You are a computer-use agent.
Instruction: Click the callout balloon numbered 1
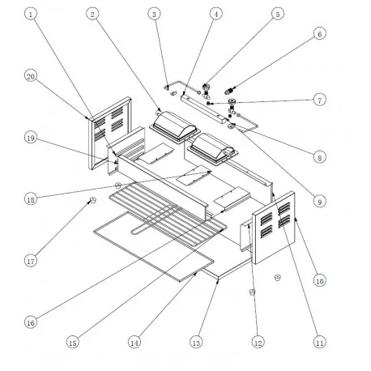tap(31, 14)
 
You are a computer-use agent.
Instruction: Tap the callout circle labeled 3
tap(154, 14)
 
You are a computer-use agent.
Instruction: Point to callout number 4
tap(215, 14)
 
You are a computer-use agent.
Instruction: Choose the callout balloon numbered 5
tap(277, 14)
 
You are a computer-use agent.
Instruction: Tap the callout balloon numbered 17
tap(31, 261)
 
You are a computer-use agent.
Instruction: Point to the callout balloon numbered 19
tap(31, 138)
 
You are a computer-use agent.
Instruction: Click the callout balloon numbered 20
tap(31, 76)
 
